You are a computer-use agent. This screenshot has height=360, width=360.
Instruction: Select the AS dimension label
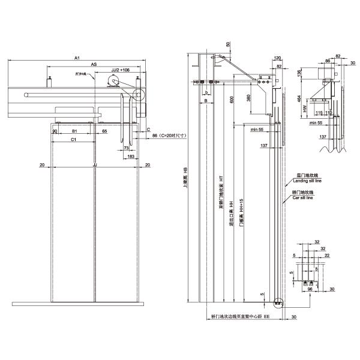(x=94, y=64)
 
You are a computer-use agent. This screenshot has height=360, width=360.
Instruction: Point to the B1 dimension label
(x=74, y=130)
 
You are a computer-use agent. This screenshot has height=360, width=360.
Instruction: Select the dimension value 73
(x=127, y=147)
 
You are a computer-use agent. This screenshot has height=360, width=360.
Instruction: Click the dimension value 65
(x=104, y=130)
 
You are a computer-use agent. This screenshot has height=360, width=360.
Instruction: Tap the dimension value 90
(x=55, y=130)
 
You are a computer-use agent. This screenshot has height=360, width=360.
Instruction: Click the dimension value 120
(x=277, y=58)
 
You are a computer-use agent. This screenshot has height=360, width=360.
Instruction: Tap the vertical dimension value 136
(x=300, y=74)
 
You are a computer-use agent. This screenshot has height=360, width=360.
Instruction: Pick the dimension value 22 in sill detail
(x=326, y=255)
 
